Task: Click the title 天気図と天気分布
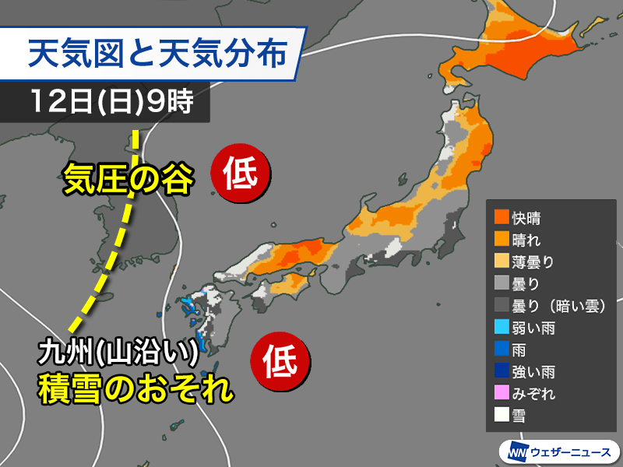(163, 54)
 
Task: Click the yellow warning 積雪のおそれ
(136, 388)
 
